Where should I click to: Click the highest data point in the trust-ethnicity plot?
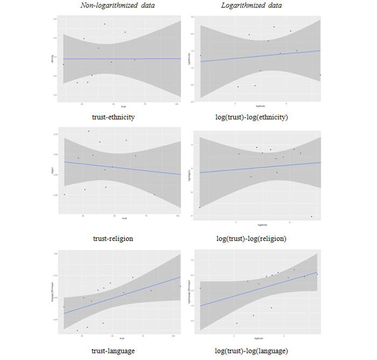pos(104,24)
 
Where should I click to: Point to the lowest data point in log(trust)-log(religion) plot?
pos(311,216)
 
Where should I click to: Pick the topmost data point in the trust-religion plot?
pos(89,131)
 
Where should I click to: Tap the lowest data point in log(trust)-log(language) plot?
pos(236,323)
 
